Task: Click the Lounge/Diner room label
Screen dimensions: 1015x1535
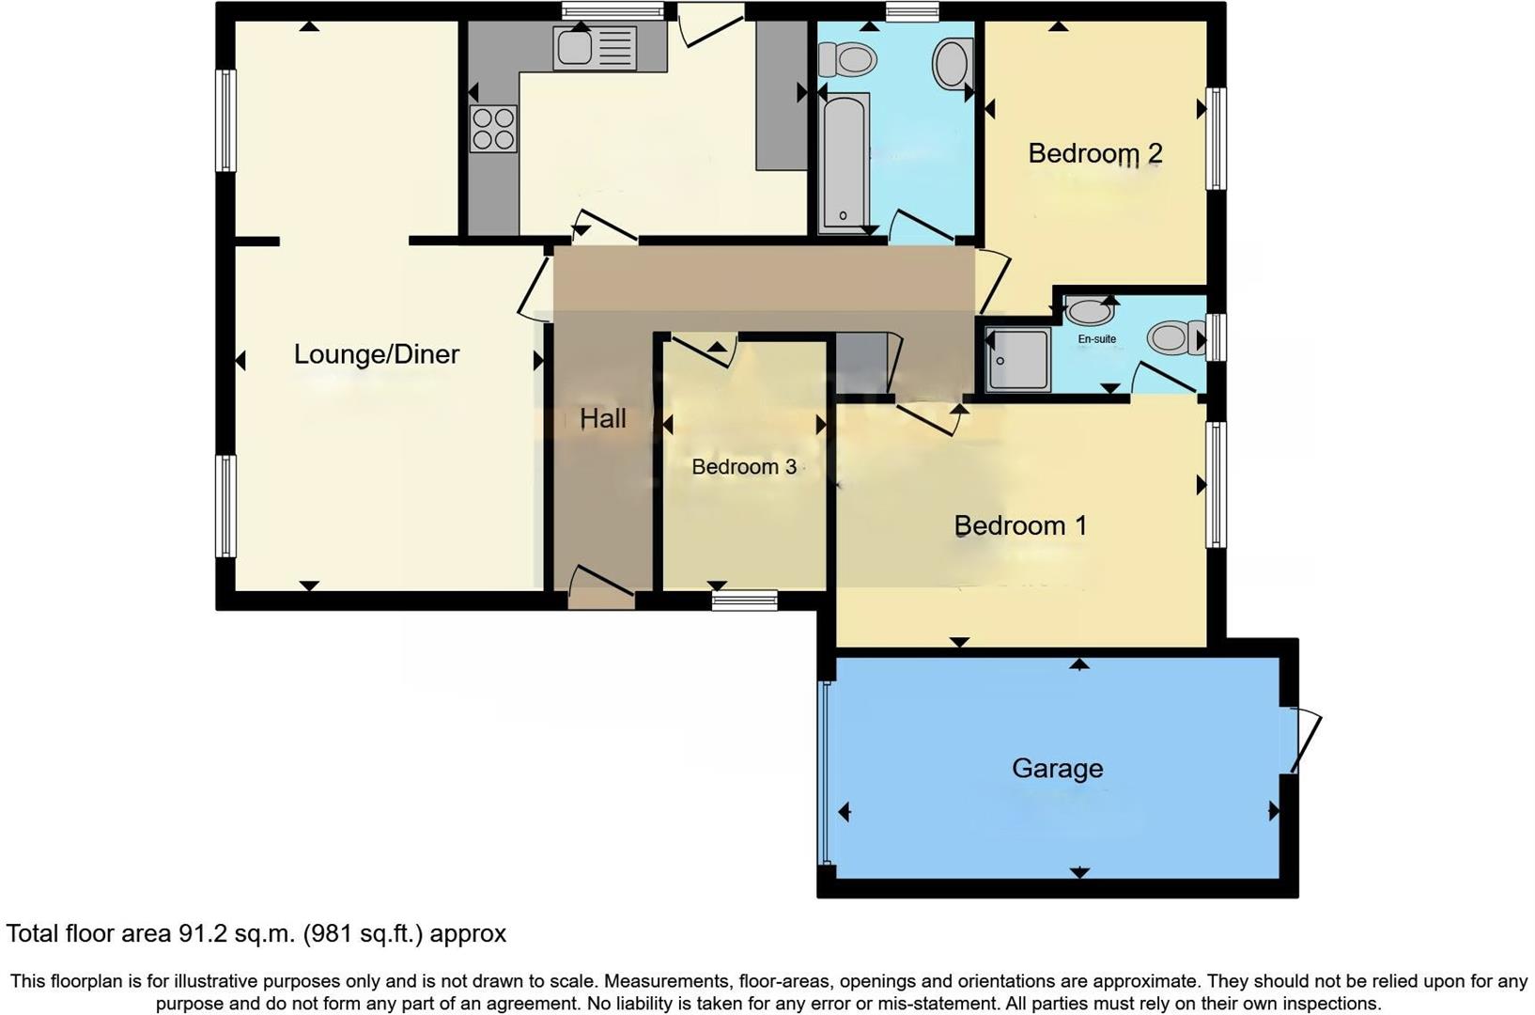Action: coord(376,354)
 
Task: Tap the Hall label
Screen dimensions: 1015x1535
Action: coord(602,418)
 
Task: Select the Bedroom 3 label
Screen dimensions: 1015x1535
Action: coord(743,467)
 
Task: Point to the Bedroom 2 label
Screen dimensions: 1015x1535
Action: coord(1094,153)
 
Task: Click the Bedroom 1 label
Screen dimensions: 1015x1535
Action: coord(1019,525)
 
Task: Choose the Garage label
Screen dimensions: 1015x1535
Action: coord(1057,769)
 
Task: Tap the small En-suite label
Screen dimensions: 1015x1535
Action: coord(1096,339)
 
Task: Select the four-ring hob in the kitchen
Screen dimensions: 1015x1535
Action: coord(493,129)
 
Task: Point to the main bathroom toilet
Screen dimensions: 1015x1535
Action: coord(846,60)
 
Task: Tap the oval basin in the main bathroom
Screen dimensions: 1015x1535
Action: coord(953,63)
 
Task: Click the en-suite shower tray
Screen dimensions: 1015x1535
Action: coord(1017,360)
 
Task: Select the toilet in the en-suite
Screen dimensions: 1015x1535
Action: coord(1174,336)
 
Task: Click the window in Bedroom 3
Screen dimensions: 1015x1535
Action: coord(744,600)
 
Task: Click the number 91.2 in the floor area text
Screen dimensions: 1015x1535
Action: coord(202,934)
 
